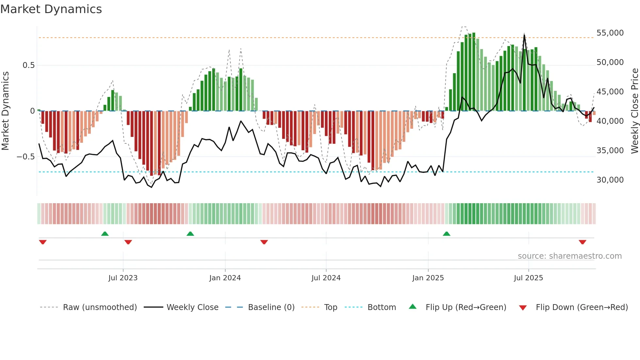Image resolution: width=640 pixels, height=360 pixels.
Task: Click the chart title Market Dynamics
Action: tap(51, 9)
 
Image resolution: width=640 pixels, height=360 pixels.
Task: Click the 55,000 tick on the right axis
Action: tap(610, 33)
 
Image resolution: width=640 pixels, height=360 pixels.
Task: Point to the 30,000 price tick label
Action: tap(610, 180)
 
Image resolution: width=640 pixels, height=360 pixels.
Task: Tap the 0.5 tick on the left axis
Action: tap(28, 65)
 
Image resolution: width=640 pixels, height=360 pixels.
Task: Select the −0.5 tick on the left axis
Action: tap(26, 157)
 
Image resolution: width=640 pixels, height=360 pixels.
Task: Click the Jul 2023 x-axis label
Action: tap(123, 278)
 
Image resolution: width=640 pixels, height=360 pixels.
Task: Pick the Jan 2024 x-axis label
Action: tap(225, 278)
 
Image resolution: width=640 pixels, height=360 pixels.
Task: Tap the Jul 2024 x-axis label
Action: tap(326, 278)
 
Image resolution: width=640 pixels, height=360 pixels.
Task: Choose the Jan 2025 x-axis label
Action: tap(428, 278)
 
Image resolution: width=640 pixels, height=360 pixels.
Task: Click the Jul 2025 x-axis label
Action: tap(528, 278)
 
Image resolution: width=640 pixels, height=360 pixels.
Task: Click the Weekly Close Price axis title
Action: tap(634, 111)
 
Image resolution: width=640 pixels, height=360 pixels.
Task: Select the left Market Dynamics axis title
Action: tap(5, 111)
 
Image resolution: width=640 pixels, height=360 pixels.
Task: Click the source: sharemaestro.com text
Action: tap(569, 256)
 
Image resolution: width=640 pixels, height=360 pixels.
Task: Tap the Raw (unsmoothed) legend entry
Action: tap(100, 307)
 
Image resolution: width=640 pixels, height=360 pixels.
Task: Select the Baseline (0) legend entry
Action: tap(271, 307)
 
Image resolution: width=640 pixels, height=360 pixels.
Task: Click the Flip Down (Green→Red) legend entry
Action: tap(582, 307)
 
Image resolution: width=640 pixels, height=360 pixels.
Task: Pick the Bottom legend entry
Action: tap(381, 307)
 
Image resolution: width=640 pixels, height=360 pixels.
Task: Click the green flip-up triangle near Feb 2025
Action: tap(446, 234)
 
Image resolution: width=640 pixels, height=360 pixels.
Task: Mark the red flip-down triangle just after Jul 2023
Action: tap(128, 242)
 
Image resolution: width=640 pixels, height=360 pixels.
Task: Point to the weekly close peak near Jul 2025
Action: tap(524, 35)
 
